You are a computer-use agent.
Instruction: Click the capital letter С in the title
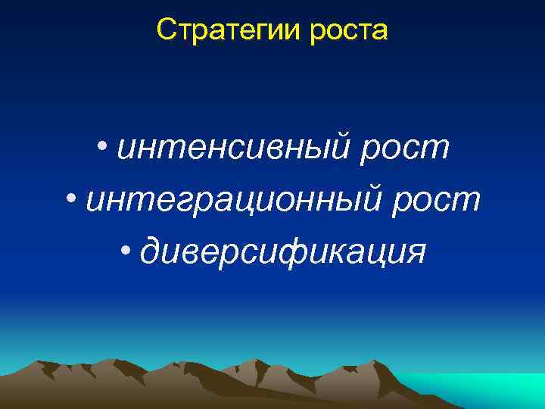click(x=165, y=30)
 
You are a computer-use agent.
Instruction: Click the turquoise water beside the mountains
click(x=484, y=386)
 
